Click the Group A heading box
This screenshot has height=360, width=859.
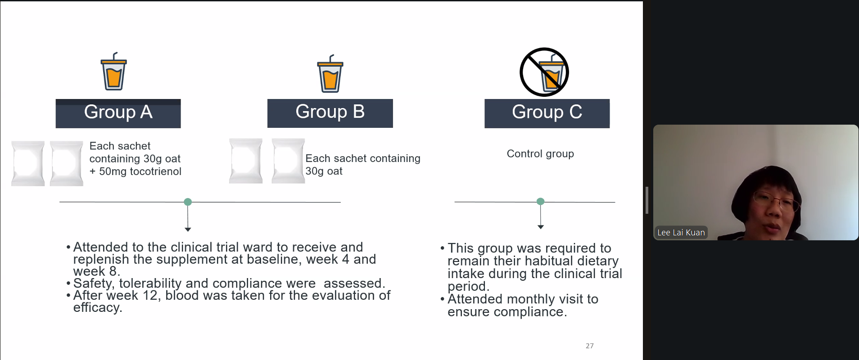[x=118, y=113]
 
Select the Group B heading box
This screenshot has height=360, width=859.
[x=330, y=113]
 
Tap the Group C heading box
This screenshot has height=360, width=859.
[x=547, y=113]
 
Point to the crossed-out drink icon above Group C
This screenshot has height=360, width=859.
[x=544, y=72]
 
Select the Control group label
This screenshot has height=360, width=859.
[x=540, y=154]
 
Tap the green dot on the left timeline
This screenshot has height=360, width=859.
[x=188, y=202]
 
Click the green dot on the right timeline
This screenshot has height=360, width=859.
[x=541, y=202]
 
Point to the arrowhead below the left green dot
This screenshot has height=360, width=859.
[x=188, y=229]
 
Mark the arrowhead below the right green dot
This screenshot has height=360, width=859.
[x=541, y=227]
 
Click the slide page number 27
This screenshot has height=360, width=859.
[x=590, y=346]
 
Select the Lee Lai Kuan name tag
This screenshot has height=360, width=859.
[x=681, y=233]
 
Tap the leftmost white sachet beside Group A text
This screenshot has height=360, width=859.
[x=28, y=163]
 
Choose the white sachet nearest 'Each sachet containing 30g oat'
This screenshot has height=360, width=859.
[x=288, y=161]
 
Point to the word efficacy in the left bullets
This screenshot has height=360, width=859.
[x=98, y=308]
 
